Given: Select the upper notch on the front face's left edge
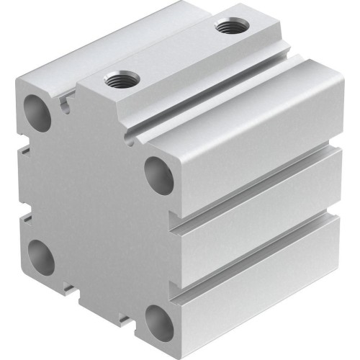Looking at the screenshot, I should click(x=26, y=148).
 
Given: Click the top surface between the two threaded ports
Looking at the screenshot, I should click(x=173, y=54).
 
